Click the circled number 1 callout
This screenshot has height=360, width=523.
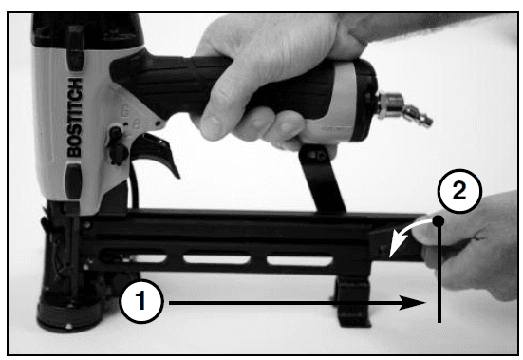141,301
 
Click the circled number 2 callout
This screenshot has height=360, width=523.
459,191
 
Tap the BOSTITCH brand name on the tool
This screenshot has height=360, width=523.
75,117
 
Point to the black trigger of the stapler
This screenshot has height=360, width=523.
157,153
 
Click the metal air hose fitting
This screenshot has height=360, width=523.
404,108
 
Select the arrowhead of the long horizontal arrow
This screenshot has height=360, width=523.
412,303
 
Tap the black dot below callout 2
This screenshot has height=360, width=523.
439,220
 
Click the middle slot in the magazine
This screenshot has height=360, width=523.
216,259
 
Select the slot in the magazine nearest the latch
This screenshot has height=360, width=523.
299,260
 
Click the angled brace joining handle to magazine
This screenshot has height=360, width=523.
322,179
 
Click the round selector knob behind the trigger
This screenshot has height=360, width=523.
116,133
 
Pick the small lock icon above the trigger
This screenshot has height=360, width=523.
124,110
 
